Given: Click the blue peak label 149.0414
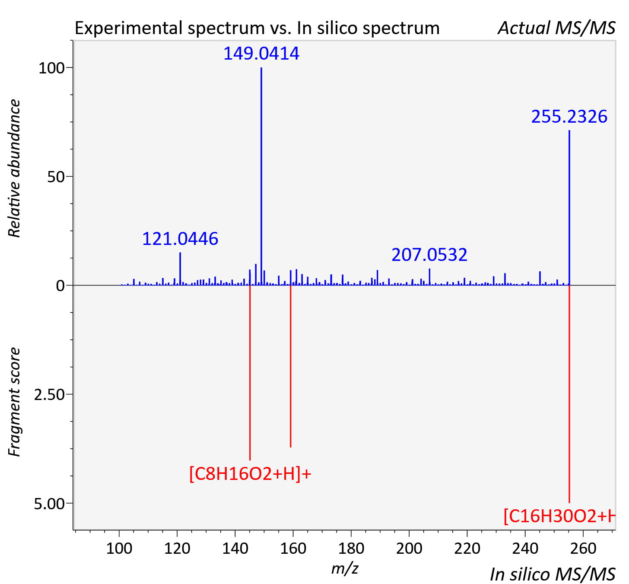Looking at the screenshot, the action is [261, 53].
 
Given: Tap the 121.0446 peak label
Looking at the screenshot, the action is [180, 238].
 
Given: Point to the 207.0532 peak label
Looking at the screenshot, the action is [429, 254].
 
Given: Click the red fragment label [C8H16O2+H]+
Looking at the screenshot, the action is [250, 474].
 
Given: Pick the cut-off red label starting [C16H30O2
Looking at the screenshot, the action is [559, 516].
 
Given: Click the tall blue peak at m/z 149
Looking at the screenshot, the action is [261, 176].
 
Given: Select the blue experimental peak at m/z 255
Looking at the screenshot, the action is [569, 207].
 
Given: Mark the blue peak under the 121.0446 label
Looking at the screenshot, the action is [180, 269].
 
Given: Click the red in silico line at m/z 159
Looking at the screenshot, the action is [290, 366].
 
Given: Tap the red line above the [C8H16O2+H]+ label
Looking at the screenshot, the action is [250, 372].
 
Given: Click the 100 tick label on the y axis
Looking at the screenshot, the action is [51, 68].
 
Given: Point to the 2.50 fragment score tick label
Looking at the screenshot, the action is [49, 395].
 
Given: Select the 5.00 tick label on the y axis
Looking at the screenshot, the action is [49, 504].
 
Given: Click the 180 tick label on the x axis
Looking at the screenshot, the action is [351, 548].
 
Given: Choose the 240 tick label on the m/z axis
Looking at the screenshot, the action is [525, 548].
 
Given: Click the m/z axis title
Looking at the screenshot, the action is [345, 568].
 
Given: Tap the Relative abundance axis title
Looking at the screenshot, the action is [14, 168].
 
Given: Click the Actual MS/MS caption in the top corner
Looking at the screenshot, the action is [556, 28].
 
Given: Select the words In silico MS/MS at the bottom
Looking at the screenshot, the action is [553, 574].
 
